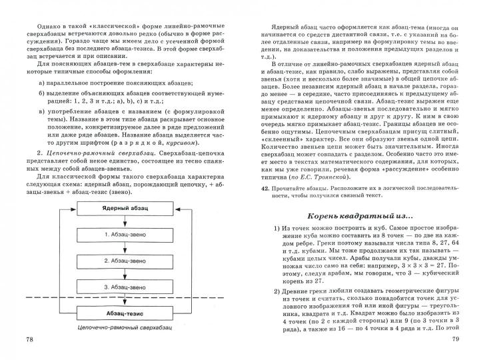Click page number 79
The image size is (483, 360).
[456, 340]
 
